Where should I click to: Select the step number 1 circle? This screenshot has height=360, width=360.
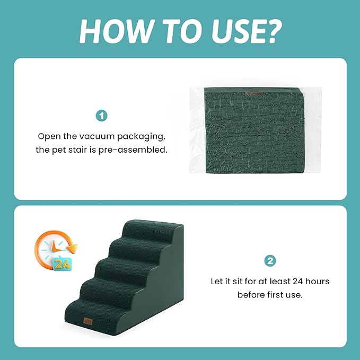click(101, 116)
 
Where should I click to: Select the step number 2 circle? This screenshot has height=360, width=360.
click(270, 261)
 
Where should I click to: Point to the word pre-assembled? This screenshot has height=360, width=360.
click(133, 150)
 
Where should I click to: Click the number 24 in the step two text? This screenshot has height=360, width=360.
click(298, 281)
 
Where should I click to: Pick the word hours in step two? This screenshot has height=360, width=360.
click(318, 281)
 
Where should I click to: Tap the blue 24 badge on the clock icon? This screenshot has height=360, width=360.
click(62, 264)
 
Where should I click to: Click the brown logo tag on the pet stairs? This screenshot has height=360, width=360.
click(88, 321)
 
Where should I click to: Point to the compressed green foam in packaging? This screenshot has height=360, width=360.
click(254, 130)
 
